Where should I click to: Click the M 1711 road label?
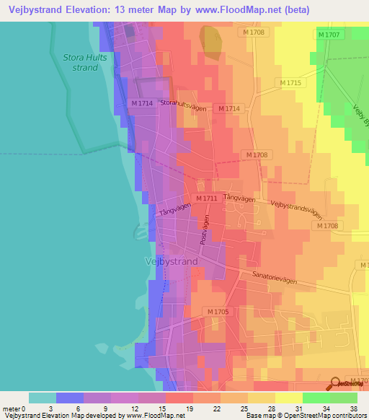pos(207,198)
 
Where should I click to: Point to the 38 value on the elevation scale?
pos(353,408)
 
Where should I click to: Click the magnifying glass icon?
pos(336,383)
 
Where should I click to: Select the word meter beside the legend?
pos(11,408)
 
